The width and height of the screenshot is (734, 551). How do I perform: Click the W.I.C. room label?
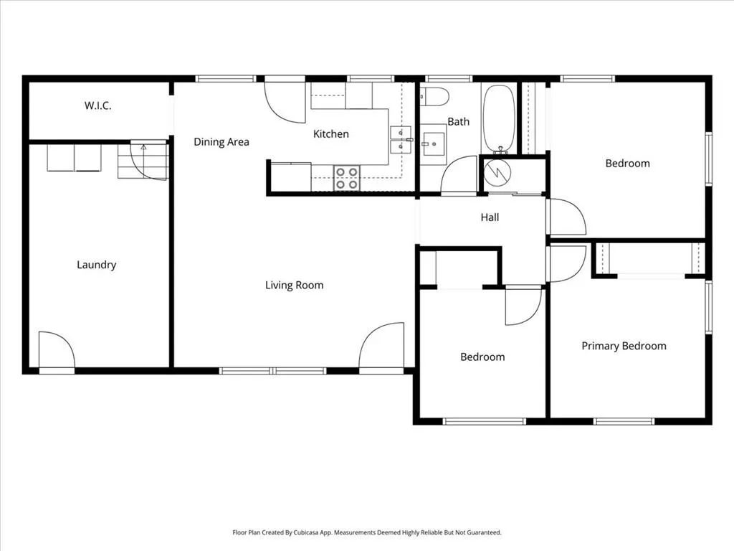(97, 105)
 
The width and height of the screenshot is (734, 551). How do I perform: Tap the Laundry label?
(97, 265)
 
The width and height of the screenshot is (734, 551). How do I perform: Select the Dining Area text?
(221, 142)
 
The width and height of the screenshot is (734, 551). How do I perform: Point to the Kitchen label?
(331, 134)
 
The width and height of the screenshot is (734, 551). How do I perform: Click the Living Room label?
(295, 286)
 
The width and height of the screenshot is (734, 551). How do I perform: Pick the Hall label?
(490, 217)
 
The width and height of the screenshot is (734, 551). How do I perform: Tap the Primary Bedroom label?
(624, 347)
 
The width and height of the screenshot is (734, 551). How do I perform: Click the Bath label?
(458, 122)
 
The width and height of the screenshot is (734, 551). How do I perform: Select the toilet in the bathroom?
(434, 97)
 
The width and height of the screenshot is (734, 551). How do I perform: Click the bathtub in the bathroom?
(499, 120)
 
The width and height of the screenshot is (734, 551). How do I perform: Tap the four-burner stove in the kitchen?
(347, 178)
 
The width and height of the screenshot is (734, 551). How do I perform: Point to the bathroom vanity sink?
(433, 144)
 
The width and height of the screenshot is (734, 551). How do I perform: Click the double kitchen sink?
(401, 140)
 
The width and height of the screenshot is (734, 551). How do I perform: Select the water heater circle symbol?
(497, 174)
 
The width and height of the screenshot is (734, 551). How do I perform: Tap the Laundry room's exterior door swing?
(57, 349)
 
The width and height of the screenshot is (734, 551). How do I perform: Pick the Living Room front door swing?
(381, 345)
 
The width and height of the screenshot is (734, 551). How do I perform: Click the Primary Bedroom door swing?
(567, 264)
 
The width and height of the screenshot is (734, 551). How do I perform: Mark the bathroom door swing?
(459, 174)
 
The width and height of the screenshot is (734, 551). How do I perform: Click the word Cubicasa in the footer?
(306, 533)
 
